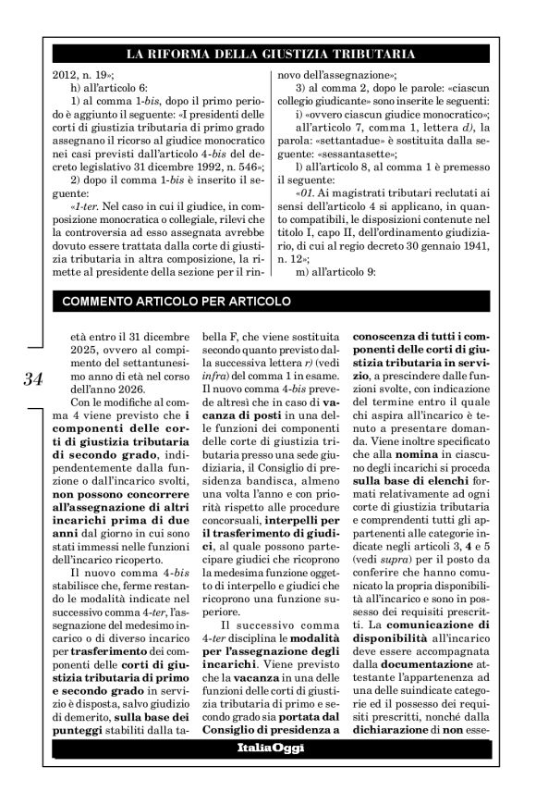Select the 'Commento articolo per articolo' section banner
[x=176, y=301]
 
